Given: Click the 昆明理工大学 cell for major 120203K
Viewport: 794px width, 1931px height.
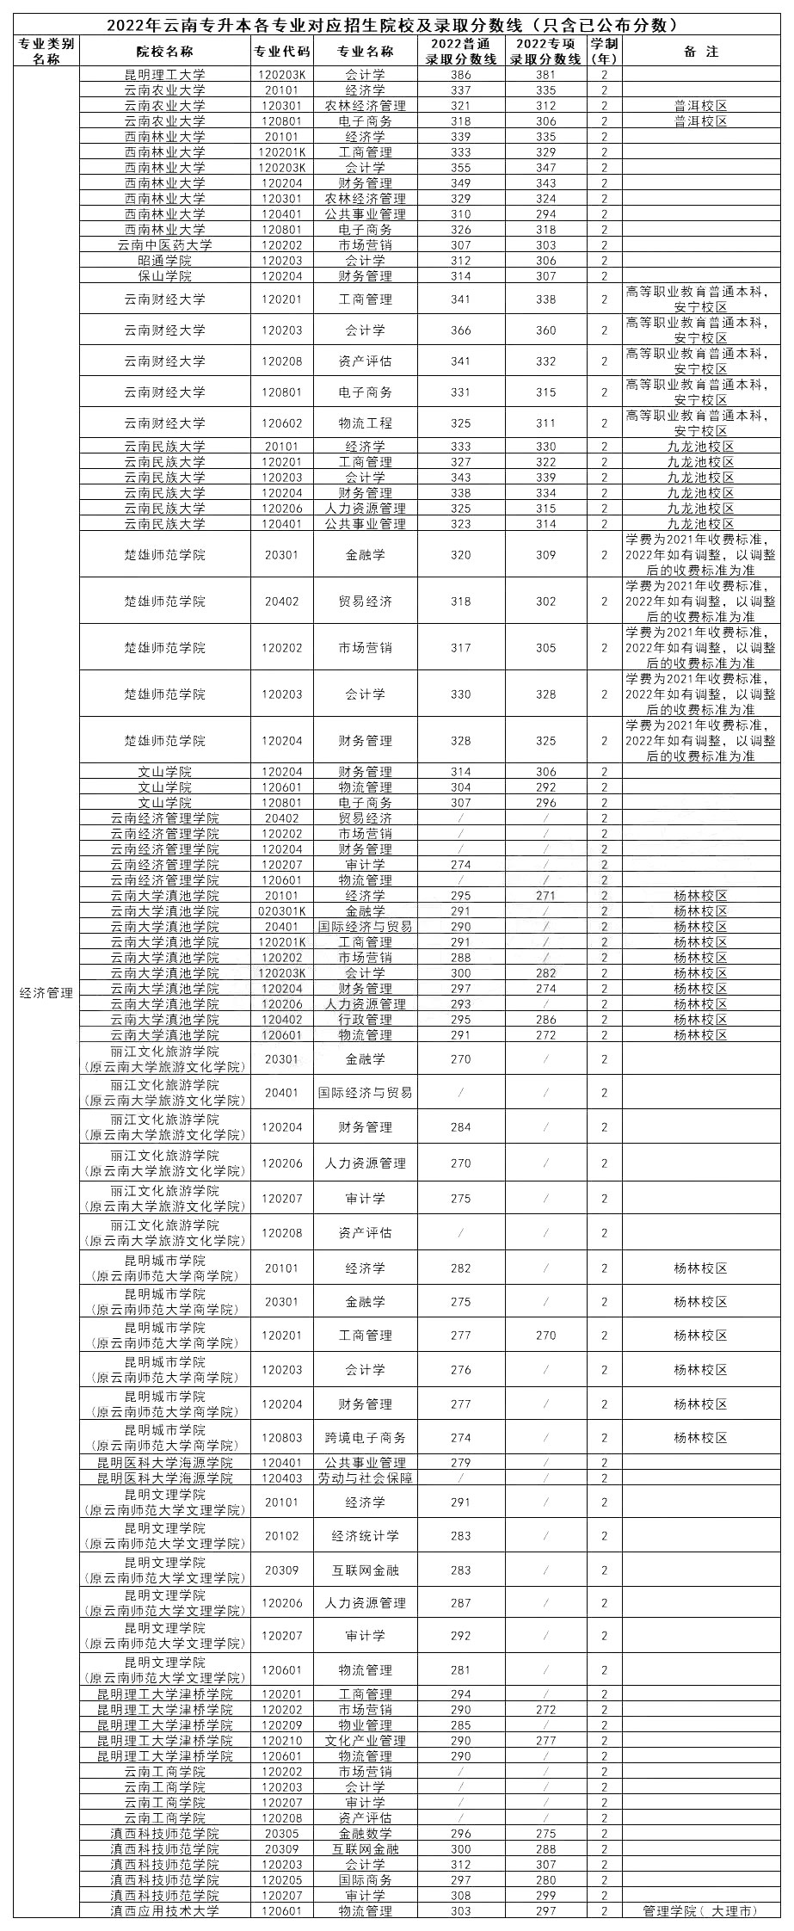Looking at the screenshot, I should point(164,75).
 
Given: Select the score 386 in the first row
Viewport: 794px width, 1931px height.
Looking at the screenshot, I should point(461,75).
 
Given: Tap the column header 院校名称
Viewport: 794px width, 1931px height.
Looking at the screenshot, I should point(164,52).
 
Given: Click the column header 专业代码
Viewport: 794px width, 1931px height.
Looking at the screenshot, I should point(282,52).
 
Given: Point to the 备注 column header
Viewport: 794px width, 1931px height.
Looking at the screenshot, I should point(700,52).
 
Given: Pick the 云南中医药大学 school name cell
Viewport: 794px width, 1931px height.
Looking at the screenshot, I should point(164,245).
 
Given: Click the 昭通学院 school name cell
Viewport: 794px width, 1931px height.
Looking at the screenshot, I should point(164,261).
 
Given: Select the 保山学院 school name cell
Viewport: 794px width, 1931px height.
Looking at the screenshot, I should point(164,276).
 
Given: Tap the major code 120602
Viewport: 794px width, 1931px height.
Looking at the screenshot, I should point(282,423).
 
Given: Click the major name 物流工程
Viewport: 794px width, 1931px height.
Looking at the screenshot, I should point(365,423).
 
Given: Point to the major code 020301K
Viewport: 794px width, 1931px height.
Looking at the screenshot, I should point(282,911).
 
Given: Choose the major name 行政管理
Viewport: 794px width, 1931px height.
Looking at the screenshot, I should point(365,1020).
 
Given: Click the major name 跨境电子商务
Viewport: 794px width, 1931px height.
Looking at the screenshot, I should point(365,1438).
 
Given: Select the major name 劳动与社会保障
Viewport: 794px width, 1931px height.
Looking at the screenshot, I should point(365,1478).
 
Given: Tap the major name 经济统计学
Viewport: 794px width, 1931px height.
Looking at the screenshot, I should point(365,1536).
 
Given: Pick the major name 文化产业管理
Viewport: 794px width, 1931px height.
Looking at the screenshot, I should point(365,1741).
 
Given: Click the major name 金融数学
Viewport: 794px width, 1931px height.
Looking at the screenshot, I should point(365,1834).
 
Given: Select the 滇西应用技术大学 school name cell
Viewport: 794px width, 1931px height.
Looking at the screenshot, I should point(164,1911).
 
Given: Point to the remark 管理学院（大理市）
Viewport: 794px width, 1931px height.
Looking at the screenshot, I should point(700,1911).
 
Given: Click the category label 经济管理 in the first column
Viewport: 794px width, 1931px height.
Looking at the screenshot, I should point(46,993).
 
